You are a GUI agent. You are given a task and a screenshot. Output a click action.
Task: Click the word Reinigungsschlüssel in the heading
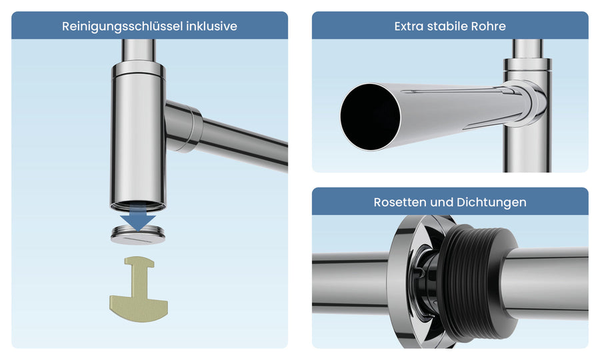click(x=122, y=27)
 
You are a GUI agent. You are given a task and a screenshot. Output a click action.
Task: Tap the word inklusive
click(x=211, y=26)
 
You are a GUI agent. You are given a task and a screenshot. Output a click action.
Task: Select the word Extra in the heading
click(x=409, y=26)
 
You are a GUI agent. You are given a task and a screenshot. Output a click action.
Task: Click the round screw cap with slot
click(x=138, y=235)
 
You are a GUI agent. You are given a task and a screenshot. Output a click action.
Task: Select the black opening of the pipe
click(x=370, y=117)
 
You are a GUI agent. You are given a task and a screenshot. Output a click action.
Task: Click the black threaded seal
click(x=477, y=281)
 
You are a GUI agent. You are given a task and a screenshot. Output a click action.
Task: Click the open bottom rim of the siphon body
click(x=138, y=206)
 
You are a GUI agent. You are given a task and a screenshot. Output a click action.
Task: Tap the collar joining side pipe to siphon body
click(x=184, y=126)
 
